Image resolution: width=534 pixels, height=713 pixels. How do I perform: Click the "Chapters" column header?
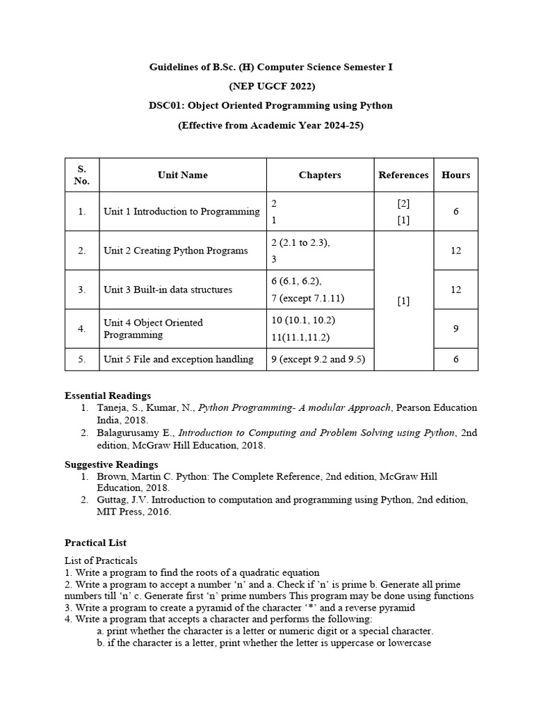(x=320, y=175)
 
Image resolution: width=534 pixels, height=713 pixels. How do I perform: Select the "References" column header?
(x=403, y=175)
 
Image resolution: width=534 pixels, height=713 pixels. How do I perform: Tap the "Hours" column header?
(x=455, y=175)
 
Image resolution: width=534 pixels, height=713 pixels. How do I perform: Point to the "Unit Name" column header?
(x=182, y=175)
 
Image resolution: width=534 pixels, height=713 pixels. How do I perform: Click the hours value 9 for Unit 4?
(x=455, y=328)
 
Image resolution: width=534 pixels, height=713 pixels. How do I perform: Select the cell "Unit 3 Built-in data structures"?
(x=168, y=289)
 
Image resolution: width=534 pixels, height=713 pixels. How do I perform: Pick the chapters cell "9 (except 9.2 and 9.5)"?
(x=318, y=359)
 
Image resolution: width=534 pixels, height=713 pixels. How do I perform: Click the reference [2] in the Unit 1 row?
(x=403, y=204)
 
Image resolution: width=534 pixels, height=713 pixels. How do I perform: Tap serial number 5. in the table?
(x=82, y=359)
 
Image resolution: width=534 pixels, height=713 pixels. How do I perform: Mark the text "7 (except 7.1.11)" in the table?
(x=307, y=298)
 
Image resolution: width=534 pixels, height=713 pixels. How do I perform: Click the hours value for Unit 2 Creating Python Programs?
(x=455, y=250)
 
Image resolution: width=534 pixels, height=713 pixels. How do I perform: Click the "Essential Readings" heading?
(x=108, y=395)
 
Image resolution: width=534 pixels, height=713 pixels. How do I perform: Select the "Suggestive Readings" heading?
(x=111, y=464)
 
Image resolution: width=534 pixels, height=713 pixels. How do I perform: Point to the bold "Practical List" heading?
(x=96, y=542)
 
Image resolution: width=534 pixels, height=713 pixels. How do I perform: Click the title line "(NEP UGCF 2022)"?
(x=272, y=86)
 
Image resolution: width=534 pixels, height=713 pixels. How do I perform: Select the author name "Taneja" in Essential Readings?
(x=111, y=408)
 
